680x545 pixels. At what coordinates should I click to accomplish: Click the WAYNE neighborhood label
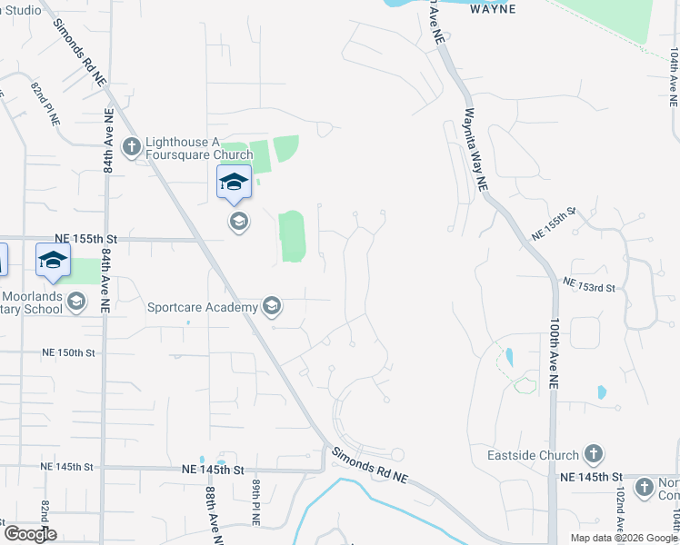pos(493,9)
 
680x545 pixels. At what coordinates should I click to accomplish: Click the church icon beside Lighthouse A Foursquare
pos(132,146)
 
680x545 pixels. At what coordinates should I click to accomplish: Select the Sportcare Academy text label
pos(203,307)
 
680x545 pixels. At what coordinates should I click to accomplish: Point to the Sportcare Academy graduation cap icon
pos(271,307)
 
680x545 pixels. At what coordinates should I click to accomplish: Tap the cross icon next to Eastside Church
pos(594,454)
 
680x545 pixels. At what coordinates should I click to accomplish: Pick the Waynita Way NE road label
pos(476,150)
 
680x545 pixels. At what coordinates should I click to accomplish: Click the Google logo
pos(30,534)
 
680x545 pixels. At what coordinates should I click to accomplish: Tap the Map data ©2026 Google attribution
pos(623,538)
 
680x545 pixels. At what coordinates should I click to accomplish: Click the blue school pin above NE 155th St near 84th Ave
pos(53,259)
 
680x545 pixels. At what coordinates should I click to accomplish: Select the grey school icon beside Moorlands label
pos(77,302)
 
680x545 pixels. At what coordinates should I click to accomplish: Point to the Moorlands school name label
pos(33,302)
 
